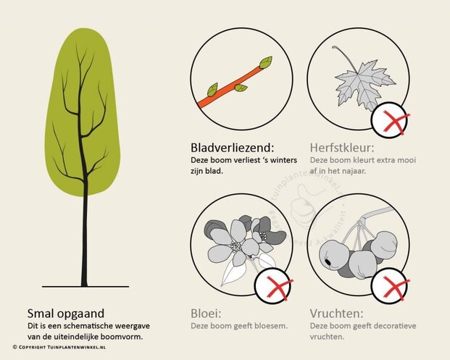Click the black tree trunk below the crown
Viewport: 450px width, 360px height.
click(x=84, y=239)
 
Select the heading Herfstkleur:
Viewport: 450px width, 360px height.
click(x=343, y=146)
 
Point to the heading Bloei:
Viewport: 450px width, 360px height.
click(x=207, y=314)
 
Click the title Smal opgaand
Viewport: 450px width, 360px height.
click(x=66, y=314)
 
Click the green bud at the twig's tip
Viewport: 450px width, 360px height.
click(x=266, y=62)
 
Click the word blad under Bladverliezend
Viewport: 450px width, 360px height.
click(x=217, y=171)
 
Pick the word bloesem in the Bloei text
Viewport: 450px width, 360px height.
click(x=271, y=325)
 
